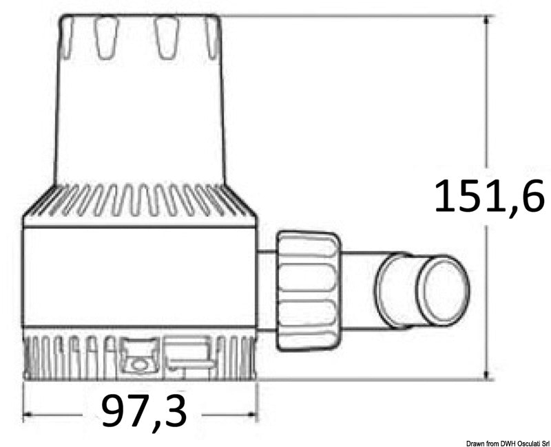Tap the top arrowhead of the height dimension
[488, 20]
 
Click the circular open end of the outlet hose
[444, 290]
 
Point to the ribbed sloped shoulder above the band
[141, 201]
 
